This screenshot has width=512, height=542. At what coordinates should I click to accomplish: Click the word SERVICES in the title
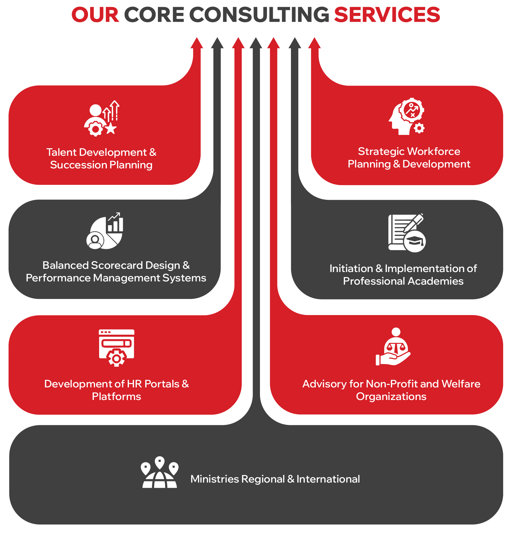click(x=387, y=15)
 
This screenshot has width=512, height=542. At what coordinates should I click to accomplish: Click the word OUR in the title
click(x=95, y=15)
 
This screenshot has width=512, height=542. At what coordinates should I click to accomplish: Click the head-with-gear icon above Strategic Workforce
click(x=407, y=117)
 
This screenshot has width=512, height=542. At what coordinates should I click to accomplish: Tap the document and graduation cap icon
click(x=407, y=233)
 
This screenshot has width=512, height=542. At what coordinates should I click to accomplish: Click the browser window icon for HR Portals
click(x=116, y=348)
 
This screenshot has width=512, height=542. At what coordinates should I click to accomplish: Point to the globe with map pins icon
click(x=160, y=472)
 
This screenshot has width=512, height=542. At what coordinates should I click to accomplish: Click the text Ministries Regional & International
click(x=275, y=479)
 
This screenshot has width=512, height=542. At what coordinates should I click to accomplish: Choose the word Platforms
click(x=116, y=396)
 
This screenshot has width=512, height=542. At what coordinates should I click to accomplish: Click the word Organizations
click(x=391, y=396)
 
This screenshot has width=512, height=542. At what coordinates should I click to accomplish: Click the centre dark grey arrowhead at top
click(x=256, y=43)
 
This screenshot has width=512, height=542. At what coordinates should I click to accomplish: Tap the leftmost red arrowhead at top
click(x=197, y=43)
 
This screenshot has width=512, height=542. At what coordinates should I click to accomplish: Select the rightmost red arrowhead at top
click(x=315, y=43)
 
